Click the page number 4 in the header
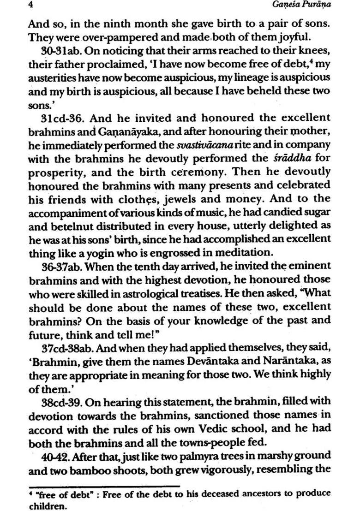(30, 6)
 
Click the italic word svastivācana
(199, 145)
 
